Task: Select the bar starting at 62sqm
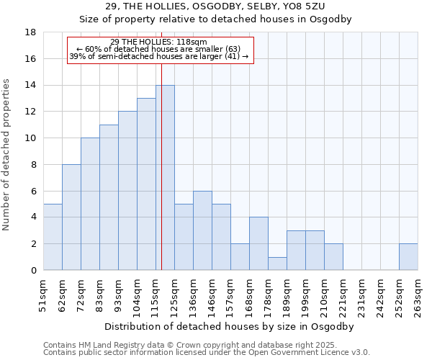[x=71, y=217]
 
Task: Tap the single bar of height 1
[x=277, y=264]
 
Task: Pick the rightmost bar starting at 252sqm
[x=408, y=257]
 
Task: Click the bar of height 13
[x=146, y=184]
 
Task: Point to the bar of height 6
[x=202, y=230]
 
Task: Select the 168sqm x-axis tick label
[x=249, y=295]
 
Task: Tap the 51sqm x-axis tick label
[x=43, y=295]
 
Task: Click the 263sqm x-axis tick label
[x=418, y=295]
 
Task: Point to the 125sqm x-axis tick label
[x=174, y=295]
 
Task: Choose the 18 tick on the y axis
[x=31, y=32]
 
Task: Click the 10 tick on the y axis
[x=31, y=138]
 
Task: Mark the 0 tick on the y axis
[x=33, y=270]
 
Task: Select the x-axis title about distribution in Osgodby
[x=230, y=326]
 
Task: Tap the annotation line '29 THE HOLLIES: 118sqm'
[x=160, y=42]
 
